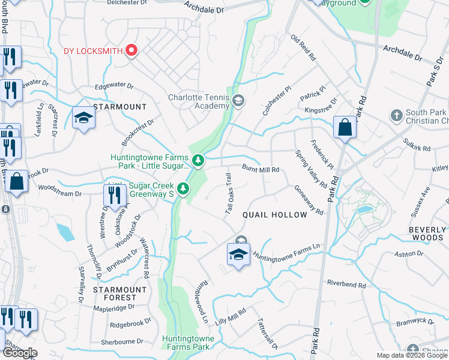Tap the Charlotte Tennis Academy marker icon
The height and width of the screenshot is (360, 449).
coord(238,100)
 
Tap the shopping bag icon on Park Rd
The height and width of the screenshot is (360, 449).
coord(345,128)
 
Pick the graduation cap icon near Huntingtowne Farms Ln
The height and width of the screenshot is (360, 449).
coord(238,256)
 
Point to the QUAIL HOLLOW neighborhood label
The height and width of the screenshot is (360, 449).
coord(274,215)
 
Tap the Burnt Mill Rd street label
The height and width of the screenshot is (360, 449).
coord(261,170)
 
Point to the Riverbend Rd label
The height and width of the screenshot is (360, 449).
coord(346,283)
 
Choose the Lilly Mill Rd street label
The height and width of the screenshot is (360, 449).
coord(232,317)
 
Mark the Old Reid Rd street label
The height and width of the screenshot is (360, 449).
coord(304,48)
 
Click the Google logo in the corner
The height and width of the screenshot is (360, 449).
coord(20,353)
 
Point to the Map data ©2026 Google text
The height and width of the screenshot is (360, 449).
coord(411,355)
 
